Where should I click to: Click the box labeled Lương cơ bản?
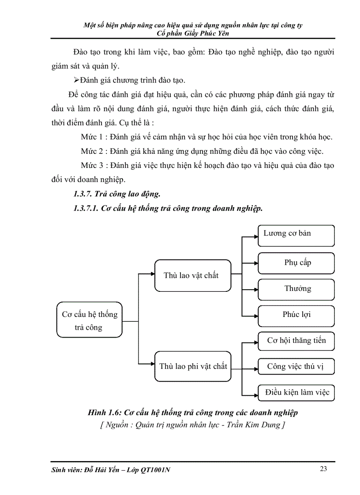[296, 235]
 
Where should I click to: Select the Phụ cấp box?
[296, 263]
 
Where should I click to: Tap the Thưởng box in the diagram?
[296, 289]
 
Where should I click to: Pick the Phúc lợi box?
[296, 315]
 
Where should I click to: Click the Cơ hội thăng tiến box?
[296, 341]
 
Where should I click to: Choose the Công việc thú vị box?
[296, 367]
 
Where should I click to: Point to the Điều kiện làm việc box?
[296, 393]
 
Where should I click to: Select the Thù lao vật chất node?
[192, 275]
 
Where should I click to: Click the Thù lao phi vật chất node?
[192, 366]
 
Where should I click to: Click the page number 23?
[323, 469]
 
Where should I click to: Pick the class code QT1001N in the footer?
[156, 470]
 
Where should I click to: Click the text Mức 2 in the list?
[92, 151]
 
